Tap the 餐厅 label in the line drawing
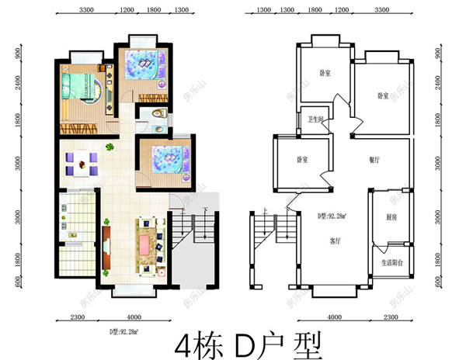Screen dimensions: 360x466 pos(374,159)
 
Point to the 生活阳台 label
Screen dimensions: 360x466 pos(392,263)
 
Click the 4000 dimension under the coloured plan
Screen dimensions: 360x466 pos(134,317)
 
